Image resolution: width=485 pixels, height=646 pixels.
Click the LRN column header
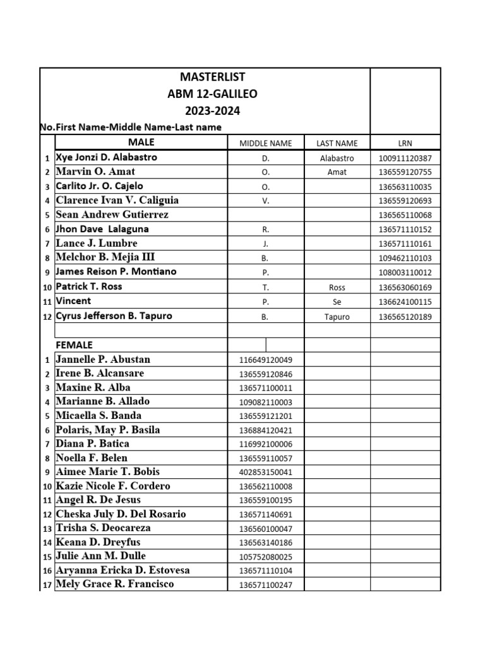point(405,143)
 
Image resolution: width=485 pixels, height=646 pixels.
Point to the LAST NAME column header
point(337,143)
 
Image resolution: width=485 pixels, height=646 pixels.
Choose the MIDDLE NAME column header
point(265,143)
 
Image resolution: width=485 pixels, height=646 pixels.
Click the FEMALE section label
point(74,345)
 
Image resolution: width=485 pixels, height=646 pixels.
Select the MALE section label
point(141,143)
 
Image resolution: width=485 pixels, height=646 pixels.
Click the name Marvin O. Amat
point(95,172)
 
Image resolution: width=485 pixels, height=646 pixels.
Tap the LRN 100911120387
point(405,159)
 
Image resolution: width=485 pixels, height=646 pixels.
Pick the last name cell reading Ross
point(337,287)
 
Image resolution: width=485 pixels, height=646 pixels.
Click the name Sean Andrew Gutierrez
point(112,214)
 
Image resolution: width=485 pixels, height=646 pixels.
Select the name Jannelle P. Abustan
point(103,360)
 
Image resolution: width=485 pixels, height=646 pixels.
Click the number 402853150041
point(265,473)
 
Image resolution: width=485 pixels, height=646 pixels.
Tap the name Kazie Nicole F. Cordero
point(113,486)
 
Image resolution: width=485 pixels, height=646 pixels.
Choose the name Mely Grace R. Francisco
point(115,584)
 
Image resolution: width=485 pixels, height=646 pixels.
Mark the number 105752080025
point(265,557)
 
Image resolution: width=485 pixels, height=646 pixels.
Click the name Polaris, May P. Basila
point(108,430)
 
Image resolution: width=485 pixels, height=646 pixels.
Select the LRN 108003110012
point(405,273)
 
